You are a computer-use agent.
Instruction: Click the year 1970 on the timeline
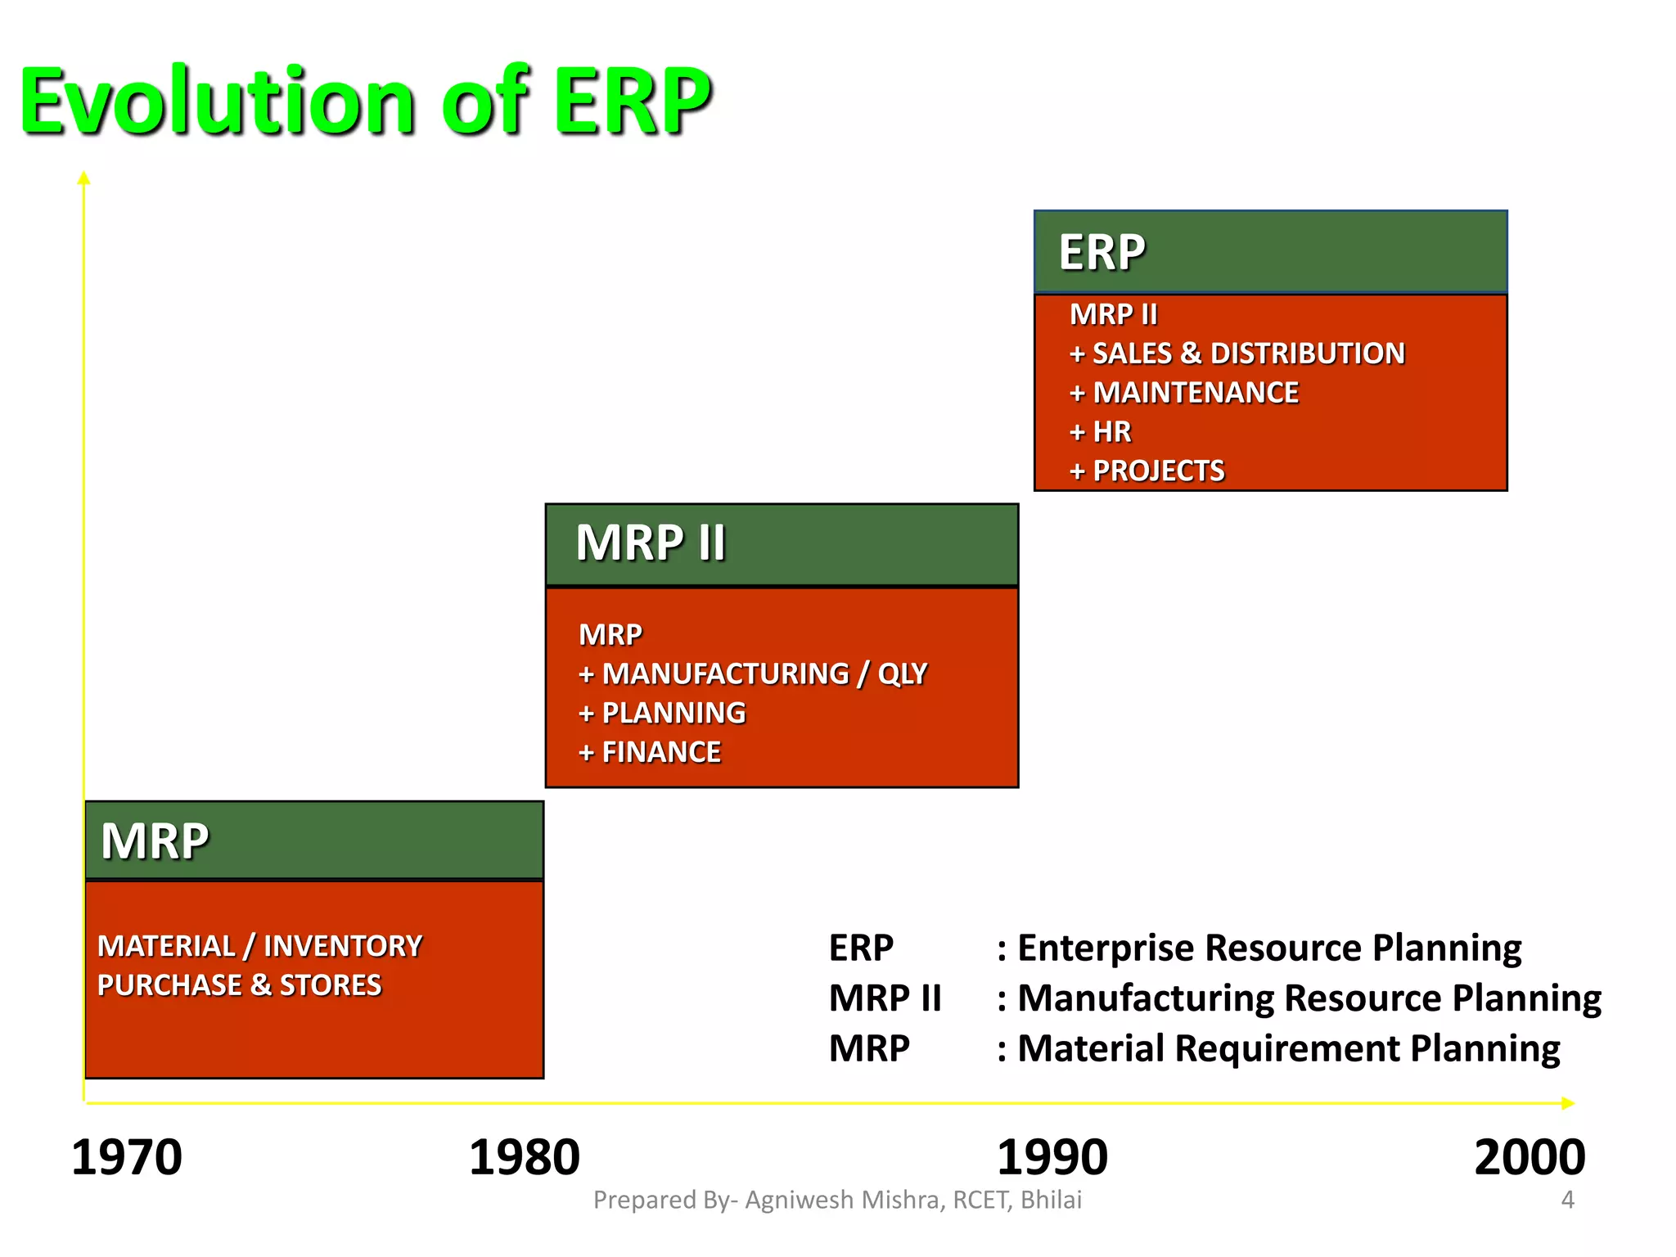[127, 1157]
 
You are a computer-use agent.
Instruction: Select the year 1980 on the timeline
[524, 1157]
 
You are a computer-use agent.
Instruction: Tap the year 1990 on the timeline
[1052, 1157]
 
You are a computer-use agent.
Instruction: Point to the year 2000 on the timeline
[1529, 1157]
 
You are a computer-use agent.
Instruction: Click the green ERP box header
[1270, 252]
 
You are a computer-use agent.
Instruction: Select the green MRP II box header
[782, 544]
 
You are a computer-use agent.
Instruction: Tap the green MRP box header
[314, 840]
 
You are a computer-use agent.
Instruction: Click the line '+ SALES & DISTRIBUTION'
[1237, 354]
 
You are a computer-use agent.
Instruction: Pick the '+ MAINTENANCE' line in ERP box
[1183, 393]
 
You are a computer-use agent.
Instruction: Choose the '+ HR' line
[1100, 432]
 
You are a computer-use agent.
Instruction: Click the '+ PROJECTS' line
[1147, 471]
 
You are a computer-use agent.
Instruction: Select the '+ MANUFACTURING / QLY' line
[752, 674]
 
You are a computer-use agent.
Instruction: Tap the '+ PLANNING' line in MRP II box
[661, 714]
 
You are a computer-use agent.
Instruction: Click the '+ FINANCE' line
[649, 753]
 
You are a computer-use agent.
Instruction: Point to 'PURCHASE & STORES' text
[239, 985]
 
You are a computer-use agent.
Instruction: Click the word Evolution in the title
[217, 102]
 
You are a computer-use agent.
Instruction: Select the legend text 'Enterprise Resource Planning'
[1268, 948]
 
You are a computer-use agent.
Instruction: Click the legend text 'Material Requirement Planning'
[1288, 1048]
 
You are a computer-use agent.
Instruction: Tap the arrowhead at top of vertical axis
[83, 178]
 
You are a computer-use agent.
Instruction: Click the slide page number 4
[1567, 1200]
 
